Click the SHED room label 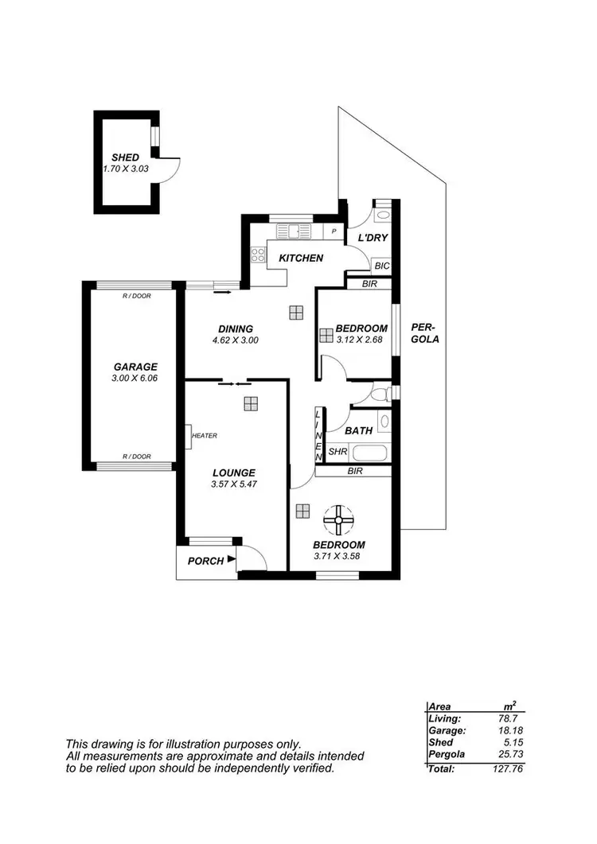click(x=126, y=158)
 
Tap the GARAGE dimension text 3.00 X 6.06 click(x=135, y=379)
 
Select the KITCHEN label click(x=301, y=258)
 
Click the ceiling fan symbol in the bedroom click(x=338, y=521)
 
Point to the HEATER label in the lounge click(x=204, y=435)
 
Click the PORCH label click(x=205, y=561)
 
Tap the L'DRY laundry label click(x=371, y=239)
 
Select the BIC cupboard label click(x=381, y=266)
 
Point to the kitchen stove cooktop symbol click(x=259, y=255)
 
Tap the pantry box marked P click(x=334, y=231)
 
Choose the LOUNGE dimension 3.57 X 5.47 click(x=233, y=484)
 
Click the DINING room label click(x=236, y=329)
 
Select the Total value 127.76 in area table click(x=509, y=768)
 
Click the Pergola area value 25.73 click(x=510, y=753)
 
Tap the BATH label click(x=358, y=430)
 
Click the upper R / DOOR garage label click(x=136, y=295)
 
